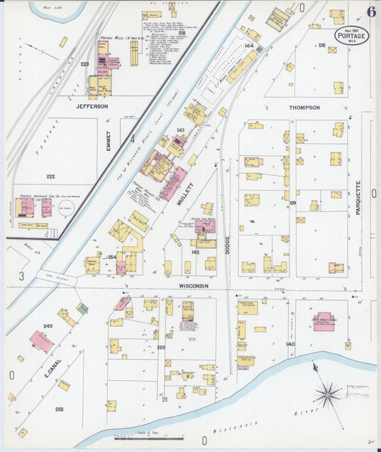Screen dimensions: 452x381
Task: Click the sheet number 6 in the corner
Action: click(x=371, y=11)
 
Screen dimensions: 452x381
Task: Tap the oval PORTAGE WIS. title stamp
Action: click(x=352, y=36)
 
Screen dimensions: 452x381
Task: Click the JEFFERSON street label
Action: click(x=92, y=106)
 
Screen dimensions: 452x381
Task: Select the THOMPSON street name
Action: click(x=304, y=107)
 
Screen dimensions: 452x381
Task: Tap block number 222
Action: click(x=50, y=176)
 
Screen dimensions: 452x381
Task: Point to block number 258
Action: click(x=59, y=409)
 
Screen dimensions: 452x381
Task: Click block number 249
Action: click(x=48, y=326)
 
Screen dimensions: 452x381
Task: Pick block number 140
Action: click(x=290, y=344)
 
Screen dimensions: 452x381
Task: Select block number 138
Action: click(x=321, y=46)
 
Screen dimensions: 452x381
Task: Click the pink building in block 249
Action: click(x=41, y=341)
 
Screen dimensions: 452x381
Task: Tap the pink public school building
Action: click(x=324, y=321)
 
